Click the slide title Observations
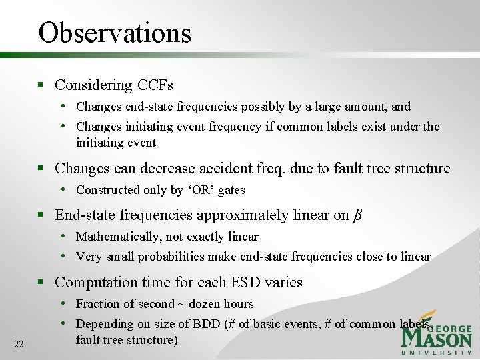point(115,32)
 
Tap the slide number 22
point(19,344)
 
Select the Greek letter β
point(357,215)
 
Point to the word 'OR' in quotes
point(201,190)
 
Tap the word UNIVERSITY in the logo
point(437,352)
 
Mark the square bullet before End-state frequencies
point(41,215)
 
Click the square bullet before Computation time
point(41,283)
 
